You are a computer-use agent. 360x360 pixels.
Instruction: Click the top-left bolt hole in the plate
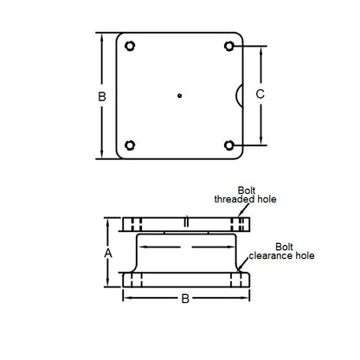[x=130, y=46]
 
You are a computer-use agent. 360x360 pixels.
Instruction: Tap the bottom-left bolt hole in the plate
[x=130, y=145]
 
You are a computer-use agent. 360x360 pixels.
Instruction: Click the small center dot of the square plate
[x=178, y=95]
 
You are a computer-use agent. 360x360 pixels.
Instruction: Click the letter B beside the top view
[x=102, y=96]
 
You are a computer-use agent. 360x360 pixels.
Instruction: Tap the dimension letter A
[x=108, y=253]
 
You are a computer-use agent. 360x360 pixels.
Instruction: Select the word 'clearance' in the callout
[x=268, y=256]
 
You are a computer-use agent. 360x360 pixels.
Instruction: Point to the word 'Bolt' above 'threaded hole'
[x=247, y=190]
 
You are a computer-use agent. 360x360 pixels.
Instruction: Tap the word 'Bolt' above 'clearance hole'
[x=282, y=247]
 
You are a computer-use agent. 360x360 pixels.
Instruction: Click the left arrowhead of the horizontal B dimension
[x=126, y=299]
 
